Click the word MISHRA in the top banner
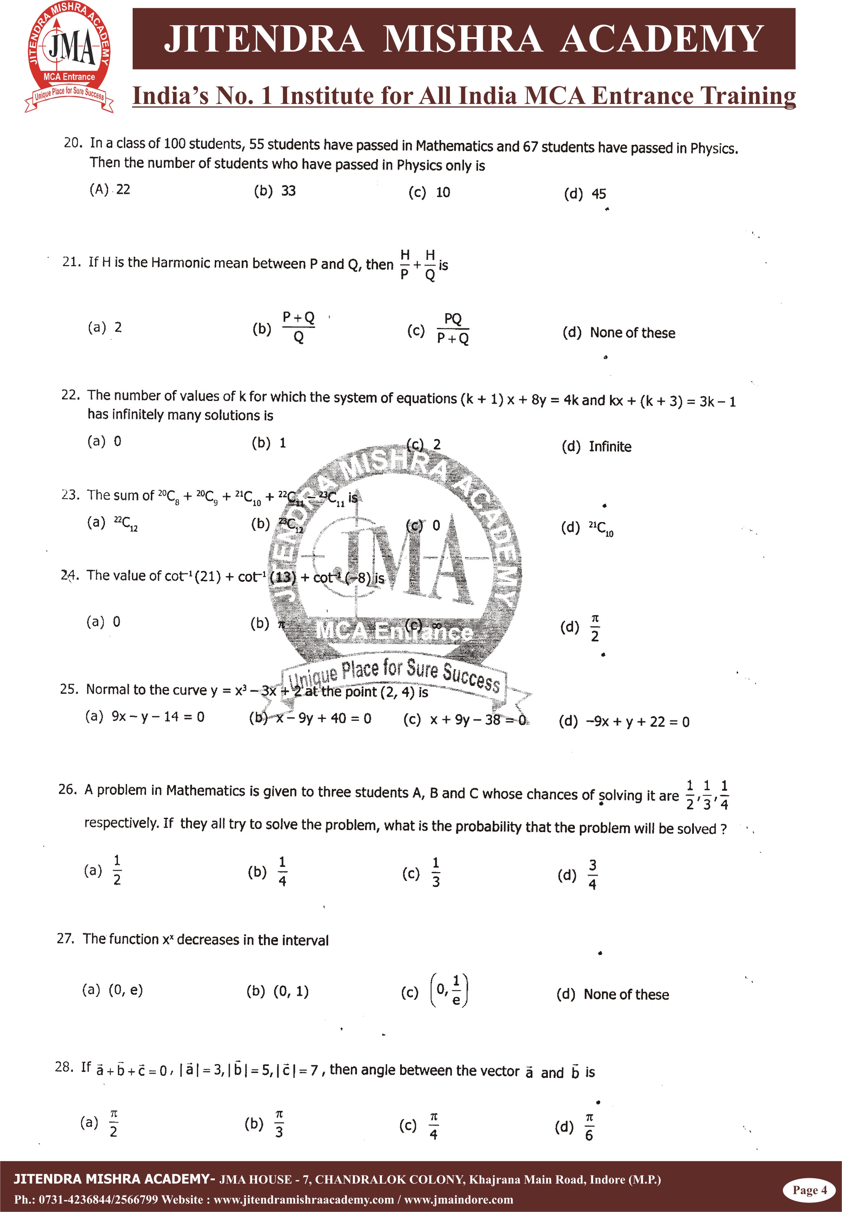click(x=463, y=39)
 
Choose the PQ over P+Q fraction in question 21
click(x=453, y=329)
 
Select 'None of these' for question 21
click(x=632, y=333)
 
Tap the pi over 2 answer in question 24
click(x=595, y=628)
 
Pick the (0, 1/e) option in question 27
click(x=450, y=991)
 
